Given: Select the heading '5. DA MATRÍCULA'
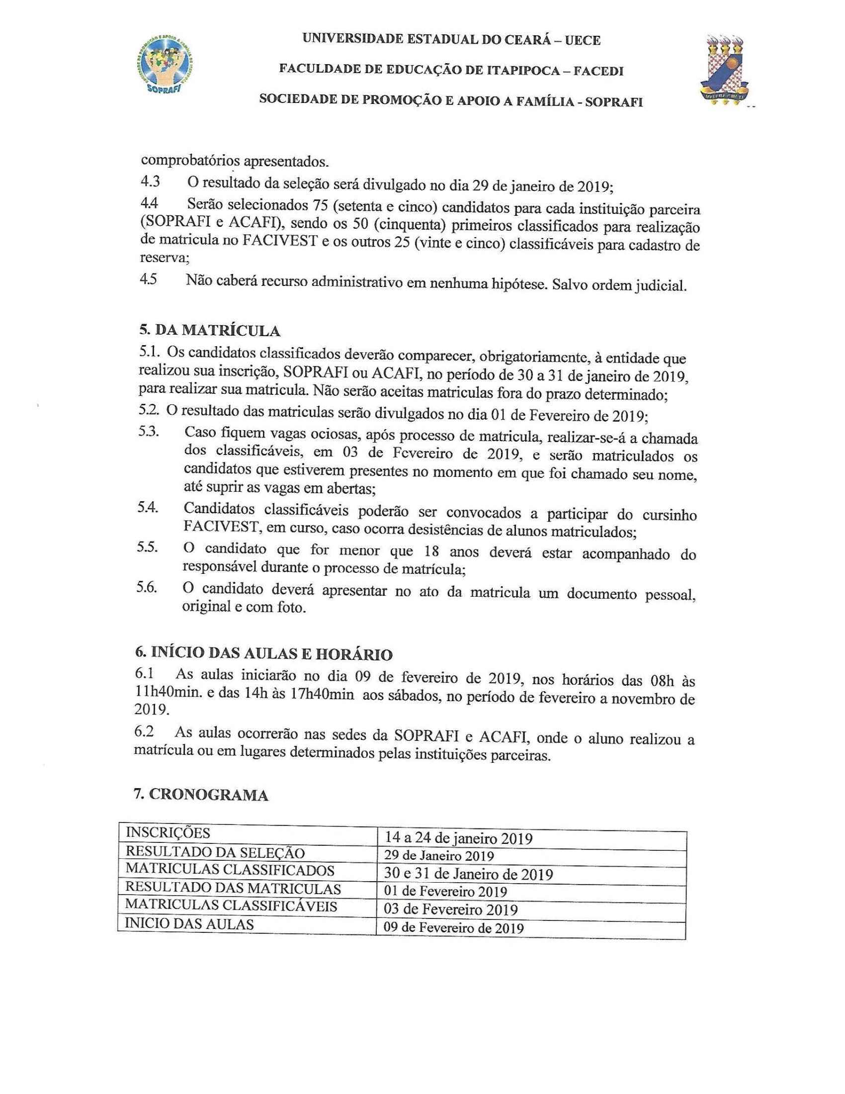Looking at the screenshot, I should (210, 331).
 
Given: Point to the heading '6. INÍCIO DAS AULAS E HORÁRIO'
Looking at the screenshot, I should (263, 654).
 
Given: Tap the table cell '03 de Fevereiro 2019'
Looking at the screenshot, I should (450, 909).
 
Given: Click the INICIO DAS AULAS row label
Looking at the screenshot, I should (189, 924).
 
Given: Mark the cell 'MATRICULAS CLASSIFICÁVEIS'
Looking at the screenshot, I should (231, 906).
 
